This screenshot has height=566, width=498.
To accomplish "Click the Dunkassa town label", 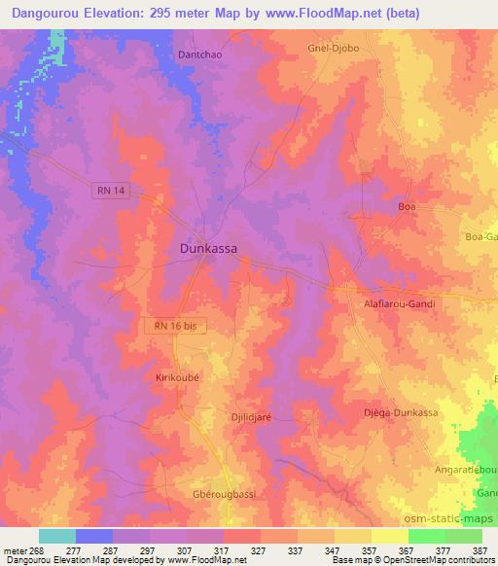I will (209, 248).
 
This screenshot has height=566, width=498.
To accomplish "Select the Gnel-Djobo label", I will (333, 48).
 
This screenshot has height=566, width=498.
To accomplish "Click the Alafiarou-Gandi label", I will (399, 304).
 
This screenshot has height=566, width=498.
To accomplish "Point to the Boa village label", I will (408, 207).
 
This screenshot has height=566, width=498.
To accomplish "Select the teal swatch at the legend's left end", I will (56, 536).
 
